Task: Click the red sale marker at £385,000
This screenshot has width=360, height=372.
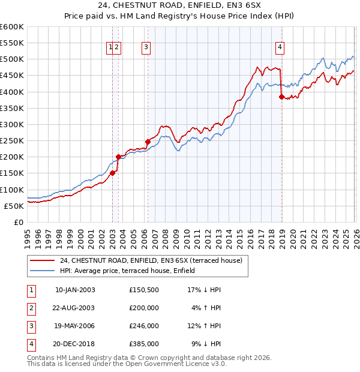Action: click(281, 97)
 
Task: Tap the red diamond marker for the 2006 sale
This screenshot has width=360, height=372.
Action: click(148, 142)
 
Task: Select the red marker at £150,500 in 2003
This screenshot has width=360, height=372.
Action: click(112, 173)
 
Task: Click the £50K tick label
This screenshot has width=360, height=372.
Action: click(14, 206)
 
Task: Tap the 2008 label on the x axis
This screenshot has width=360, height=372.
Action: click(166, 239)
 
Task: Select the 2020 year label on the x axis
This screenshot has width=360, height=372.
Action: click(293, 239)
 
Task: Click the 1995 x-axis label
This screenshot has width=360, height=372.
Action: click(27, 239)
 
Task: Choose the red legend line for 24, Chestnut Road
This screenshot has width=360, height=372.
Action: click(42, 260)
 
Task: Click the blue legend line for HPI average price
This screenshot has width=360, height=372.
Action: click(42, 271)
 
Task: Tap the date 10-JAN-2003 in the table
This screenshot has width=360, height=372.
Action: click(75, 290)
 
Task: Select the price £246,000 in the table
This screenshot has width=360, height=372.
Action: click(144, 326)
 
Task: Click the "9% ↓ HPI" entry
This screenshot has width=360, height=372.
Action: click(206, 344)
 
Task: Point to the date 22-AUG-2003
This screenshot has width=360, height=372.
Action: click(74, 308)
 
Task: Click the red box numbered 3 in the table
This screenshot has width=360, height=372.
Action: click(32, 326)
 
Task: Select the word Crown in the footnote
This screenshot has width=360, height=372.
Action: click(147, 358)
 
